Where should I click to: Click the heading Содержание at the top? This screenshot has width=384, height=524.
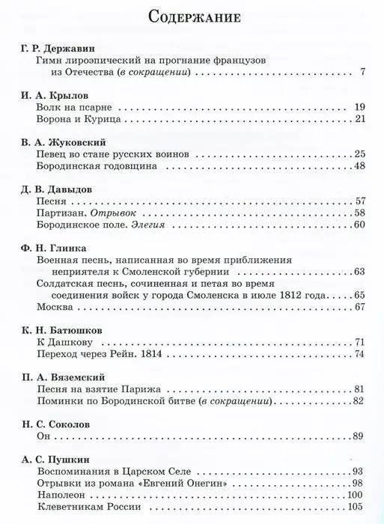pos(192,17)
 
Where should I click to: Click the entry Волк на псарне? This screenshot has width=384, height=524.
pos(69,109)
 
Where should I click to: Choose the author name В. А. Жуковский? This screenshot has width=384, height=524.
pos(57,142)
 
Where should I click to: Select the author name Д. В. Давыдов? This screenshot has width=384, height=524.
pos(52,189)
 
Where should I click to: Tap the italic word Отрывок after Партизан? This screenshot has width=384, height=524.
pos(108,213)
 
